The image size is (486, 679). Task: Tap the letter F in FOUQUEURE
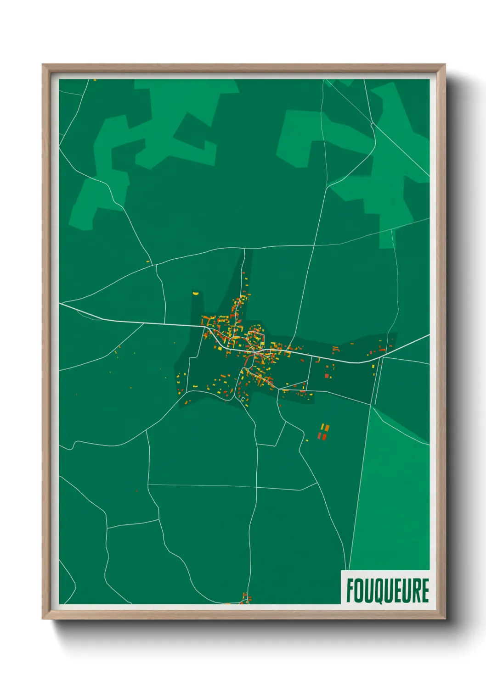(x=350, y=590)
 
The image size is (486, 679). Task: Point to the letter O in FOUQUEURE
(x=359, y=590)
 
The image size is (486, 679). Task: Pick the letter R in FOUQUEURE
(x=416, y=590)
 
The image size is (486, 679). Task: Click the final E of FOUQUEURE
(x=425, y=590)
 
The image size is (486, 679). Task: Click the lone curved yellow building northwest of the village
(x=195, y=292)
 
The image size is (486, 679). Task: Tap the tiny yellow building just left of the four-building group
(x=307, y=440)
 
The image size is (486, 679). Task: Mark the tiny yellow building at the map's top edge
(x=95, y=80)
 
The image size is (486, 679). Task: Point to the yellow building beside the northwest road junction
(x=148, y=262)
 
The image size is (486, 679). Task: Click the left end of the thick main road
(x=61, y=303)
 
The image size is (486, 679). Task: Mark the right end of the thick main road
(x=428, y=336)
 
